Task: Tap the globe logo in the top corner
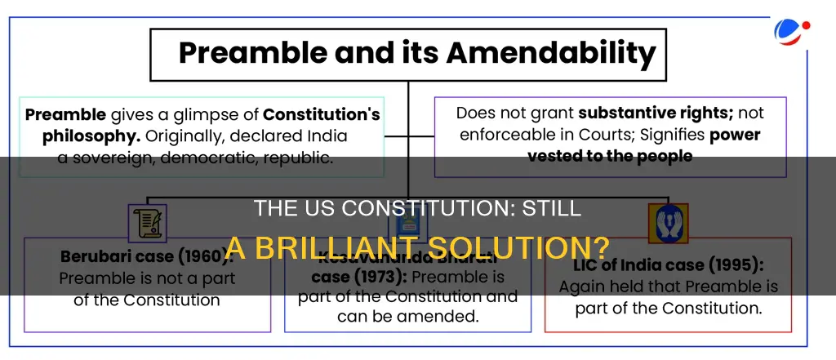click(x=790, y=33)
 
